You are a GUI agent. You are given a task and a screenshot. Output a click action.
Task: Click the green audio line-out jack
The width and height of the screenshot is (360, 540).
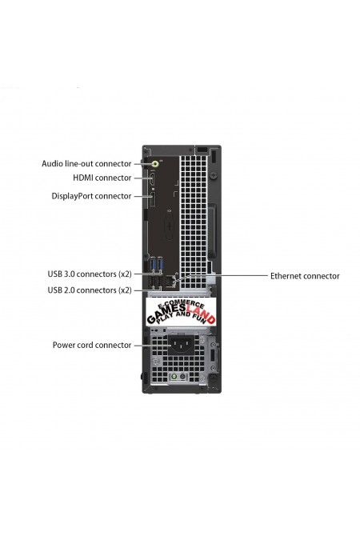click(155, 163)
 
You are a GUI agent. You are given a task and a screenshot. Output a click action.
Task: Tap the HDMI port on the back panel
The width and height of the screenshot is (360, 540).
click(152, 180)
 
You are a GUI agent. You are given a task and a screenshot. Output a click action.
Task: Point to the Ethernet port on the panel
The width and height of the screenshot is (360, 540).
click(170, 282)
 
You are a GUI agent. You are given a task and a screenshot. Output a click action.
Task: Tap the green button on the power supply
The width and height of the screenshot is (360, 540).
click(174, 377)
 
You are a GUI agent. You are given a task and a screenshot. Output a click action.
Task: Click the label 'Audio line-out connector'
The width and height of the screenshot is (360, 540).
click(86, 163)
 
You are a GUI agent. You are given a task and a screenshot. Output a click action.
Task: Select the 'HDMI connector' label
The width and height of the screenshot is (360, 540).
click(102, 178)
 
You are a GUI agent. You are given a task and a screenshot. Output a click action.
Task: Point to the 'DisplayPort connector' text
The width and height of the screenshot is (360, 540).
click(91, 196)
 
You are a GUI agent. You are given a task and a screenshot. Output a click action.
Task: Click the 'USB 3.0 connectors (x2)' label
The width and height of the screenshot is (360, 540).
click(90, 274)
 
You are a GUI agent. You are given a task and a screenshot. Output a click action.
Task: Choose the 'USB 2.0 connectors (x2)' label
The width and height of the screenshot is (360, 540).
click(90, 290)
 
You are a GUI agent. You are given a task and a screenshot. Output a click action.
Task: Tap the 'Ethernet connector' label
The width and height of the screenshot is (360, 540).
click(305, 276)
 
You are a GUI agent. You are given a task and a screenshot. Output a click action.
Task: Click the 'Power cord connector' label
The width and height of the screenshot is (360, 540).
click(92, 345)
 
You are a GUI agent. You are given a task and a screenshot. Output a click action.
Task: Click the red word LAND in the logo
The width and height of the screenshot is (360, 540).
click(201, 317)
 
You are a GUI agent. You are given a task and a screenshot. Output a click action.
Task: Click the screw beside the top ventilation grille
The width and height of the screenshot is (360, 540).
click(214, 174)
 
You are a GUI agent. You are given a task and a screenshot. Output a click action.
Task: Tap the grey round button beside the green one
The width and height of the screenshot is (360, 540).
click(183, 377)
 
